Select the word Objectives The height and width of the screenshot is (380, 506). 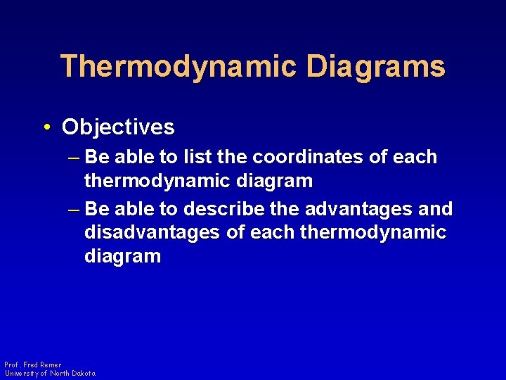118,127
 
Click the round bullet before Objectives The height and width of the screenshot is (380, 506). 46,127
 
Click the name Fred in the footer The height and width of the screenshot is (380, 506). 30,365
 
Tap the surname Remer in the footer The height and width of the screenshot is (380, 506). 51,365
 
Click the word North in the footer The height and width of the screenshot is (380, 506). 60,373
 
